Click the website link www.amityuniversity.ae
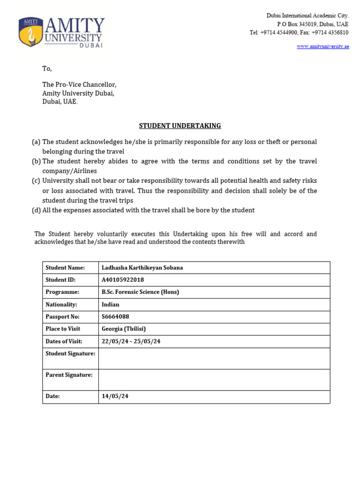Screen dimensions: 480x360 point(322,46)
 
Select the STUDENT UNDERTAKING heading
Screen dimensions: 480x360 point(180,126)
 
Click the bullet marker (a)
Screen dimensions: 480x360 point(36,142)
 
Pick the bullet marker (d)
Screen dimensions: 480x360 point(36,210)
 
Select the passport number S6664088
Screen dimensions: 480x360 point(115,316)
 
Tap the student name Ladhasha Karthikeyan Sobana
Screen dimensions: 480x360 point(142,268)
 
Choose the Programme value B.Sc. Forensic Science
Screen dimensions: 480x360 point(140,292)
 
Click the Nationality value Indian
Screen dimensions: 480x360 point(111,304)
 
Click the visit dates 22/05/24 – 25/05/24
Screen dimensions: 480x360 point(131,341)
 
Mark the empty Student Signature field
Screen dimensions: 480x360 point(214,359)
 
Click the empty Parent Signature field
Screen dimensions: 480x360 point(214,380)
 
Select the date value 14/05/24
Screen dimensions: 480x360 point(115,396)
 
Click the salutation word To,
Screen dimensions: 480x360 point(47,68)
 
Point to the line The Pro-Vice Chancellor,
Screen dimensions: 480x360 point(79,85)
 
